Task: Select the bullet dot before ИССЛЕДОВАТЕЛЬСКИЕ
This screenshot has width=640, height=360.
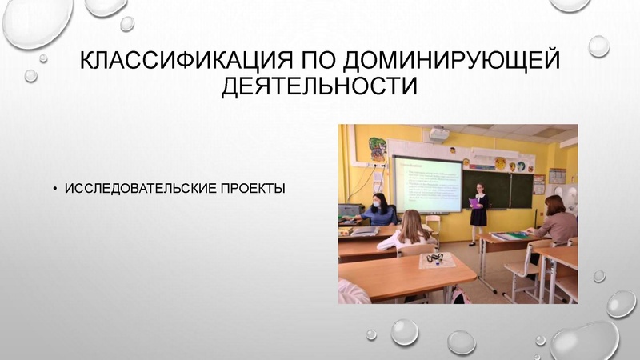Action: pyautogui.click(x=55, y=190)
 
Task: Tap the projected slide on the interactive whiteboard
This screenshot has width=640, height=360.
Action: pyautogui.click(x=427, y=182)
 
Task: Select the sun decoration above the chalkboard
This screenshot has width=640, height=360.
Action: pyautogui.click(x=500, y=163)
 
